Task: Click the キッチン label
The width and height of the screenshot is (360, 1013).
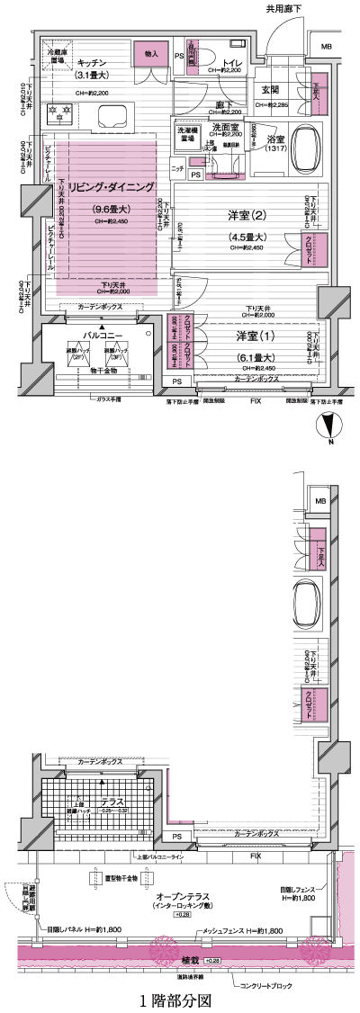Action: pos(94,62)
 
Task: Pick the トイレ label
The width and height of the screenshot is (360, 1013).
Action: pos(222,62)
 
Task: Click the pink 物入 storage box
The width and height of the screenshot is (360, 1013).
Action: pos(151,55)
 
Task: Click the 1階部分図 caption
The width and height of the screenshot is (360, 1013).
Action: pos(175,1000)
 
